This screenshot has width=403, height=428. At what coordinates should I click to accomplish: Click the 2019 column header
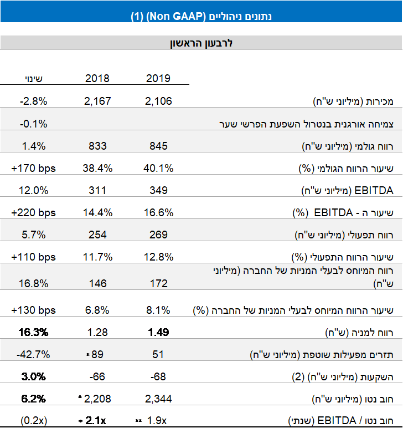158,78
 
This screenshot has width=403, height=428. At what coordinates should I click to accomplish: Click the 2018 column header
97,78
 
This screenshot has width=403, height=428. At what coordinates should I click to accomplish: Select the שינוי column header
33,78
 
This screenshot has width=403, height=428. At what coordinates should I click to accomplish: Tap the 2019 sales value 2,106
159,101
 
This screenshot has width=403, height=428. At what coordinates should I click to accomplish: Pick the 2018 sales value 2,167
98,101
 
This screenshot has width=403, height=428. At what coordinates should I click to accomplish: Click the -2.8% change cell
33,101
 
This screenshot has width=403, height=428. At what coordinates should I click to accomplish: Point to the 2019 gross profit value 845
158,146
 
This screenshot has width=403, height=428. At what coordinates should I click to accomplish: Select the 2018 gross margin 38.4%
98,168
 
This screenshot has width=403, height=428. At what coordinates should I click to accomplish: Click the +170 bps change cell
33,168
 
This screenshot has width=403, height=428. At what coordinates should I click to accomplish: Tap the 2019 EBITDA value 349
158,190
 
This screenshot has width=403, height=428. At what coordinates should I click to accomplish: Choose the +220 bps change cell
33,212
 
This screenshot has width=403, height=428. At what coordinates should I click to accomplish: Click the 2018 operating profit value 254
97,235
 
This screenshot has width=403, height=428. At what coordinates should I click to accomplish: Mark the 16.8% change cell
33,283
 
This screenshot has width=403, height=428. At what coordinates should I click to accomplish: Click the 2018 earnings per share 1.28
97,332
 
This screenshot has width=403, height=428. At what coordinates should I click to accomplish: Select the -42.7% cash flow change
33,354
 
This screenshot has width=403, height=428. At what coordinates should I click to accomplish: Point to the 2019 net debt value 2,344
159,399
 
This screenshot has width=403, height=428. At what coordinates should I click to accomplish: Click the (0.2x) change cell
33,421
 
